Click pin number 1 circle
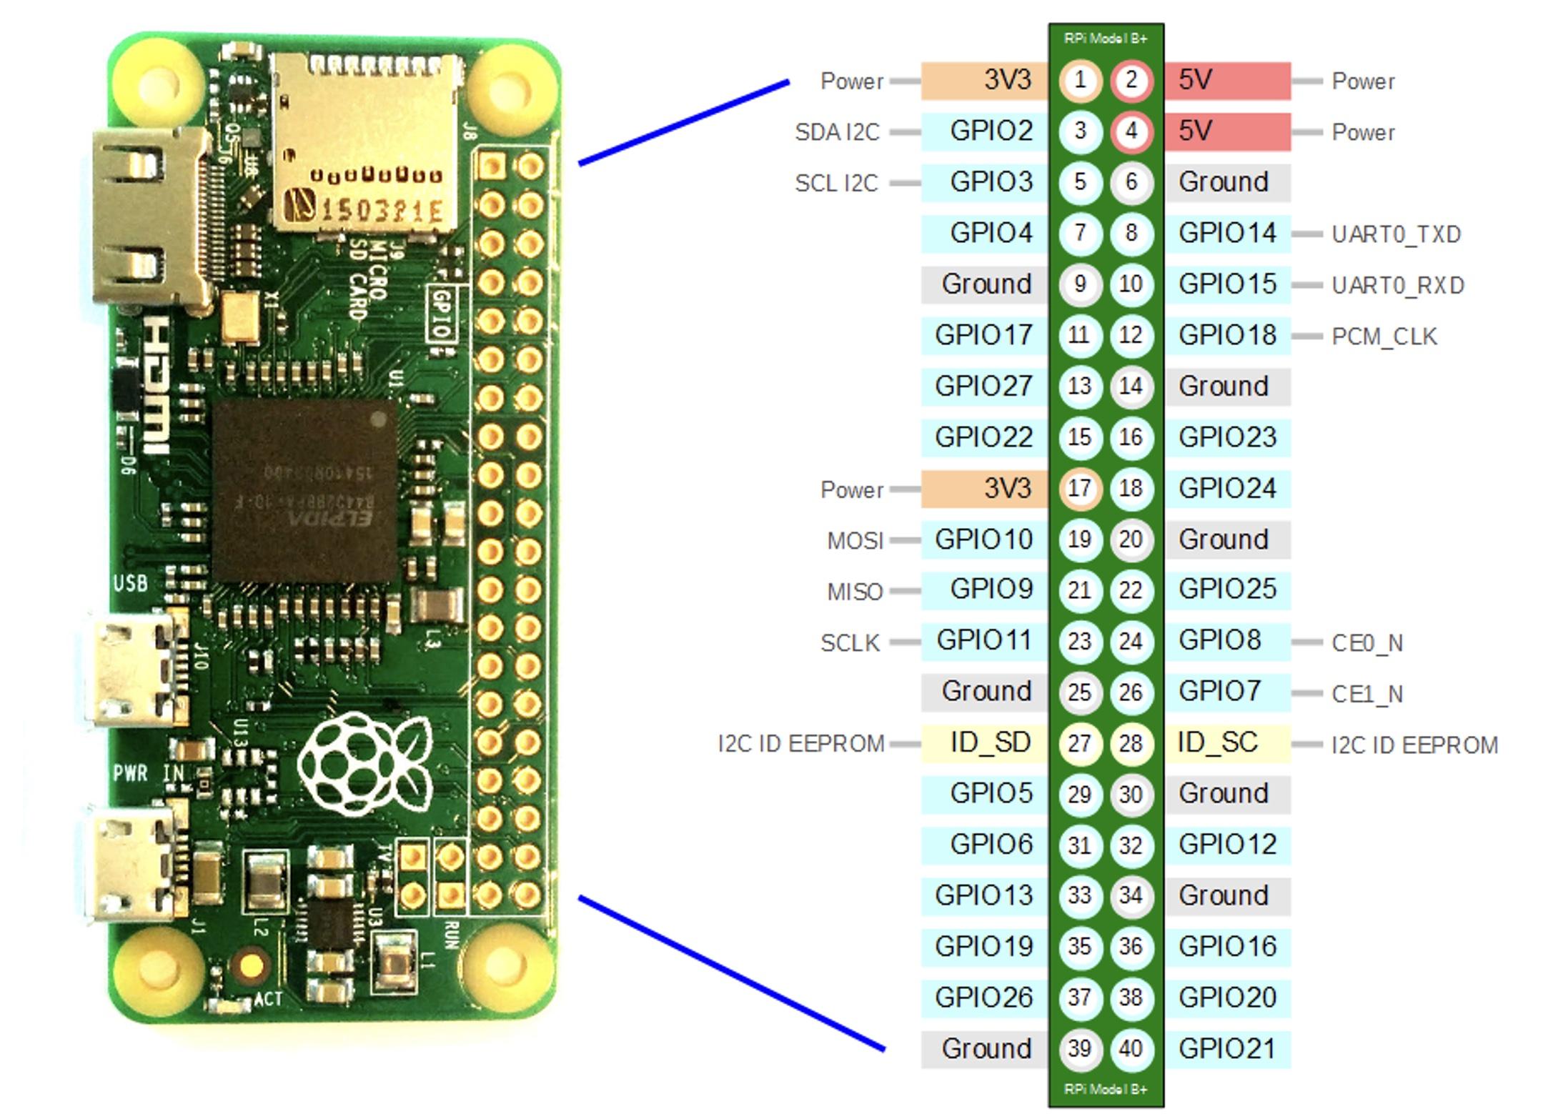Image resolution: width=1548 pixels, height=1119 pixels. click(1080, 80)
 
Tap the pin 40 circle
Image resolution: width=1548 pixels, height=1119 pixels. click(1131, 1049)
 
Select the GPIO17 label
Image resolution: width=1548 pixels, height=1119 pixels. click(983, 335)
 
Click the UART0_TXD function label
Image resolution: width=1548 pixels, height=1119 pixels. click(1396, 234)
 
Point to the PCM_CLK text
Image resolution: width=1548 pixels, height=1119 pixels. click(1384, 337)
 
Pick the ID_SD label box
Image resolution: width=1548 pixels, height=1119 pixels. click(983, 743)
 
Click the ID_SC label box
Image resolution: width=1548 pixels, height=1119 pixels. click(1227, 743)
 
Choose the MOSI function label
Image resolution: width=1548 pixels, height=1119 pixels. click(855, 541)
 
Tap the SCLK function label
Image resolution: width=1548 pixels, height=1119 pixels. click(850, 643)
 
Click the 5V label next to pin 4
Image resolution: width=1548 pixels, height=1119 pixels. click(1227, 131)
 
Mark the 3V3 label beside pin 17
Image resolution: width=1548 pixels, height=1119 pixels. click(983, 489)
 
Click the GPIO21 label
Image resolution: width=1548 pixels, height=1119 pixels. click(1227, 1049)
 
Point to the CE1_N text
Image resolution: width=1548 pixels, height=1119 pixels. click(1366, 694)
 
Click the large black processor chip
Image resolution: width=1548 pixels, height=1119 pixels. click(304, 490)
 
